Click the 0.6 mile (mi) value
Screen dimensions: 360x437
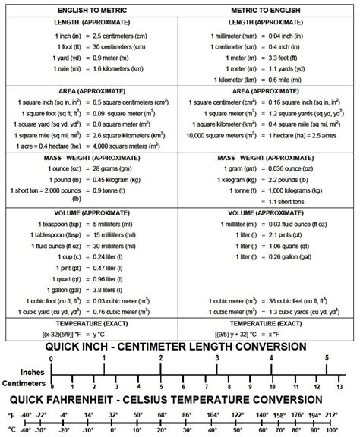coord(286,78)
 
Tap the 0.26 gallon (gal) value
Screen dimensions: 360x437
coord(292,256)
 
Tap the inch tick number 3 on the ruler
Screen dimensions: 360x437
coord(217,357)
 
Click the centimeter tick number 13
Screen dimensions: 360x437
coord(339,385)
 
